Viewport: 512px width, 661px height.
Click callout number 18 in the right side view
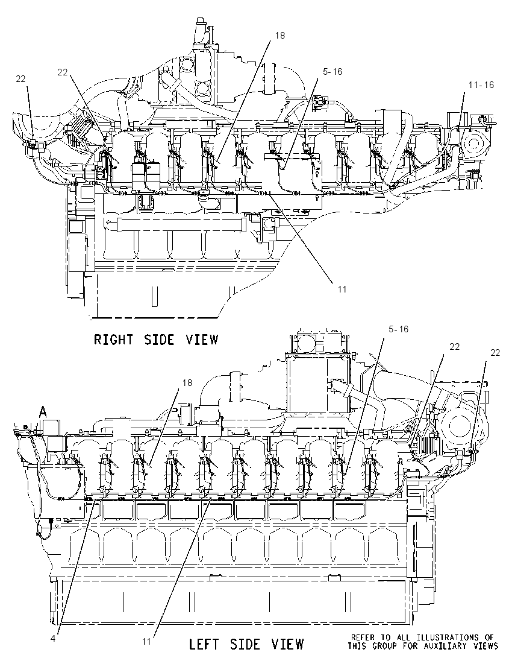pyautogui.click(x=280, y=36)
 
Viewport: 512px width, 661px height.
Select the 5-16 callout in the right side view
pyautogui.click(x=332, y=72)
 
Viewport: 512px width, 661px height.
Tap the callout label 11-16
pyautogui.click(x=481, y=85)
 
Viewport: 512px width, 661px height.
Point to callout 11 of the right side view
pyautogui.click(x=342, y=289)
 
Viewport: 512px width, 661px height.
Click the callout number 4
pyautogui.click(x=52, y=638)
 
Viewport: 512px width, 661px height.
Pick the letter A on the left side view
pyautogui.click(x=43, y=412)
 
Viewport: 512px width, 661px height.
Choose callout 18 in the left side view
pyautogui.click(x=187, y=383)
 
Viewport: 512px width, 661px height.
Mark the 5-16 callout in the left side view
pyautogui.click(x=398, y=329)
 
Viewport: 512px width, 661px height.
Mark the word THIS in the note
pyautogui.click(x=357, y=646)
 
